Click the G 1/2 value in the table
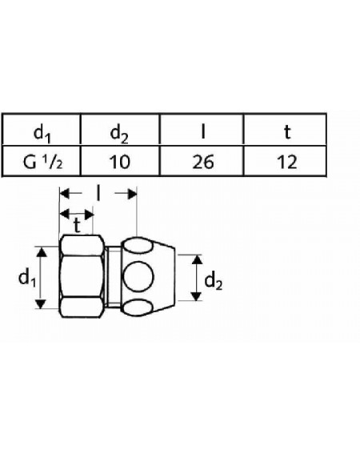point(42,162)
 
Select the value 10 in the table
point(119,162)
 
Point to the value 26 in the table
point(203,162)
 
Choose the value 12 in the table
point(287,162)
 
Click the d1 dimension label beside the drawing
point(27,278)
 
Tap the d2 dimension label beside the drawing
point(214,281)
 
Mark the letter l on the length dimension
point(98,194)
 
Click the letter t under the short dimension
point(77,226)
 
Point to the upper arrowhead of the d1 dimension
point(42,252)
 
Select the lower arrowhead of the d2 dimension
point(197,296)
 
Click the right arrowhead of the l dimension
point(132,194)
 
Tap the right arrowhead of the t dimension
point(89,215)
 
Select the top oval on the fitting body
point(138,247)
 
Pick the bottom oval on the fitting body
point(138,307)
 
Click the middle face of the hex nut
point(82,277)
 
